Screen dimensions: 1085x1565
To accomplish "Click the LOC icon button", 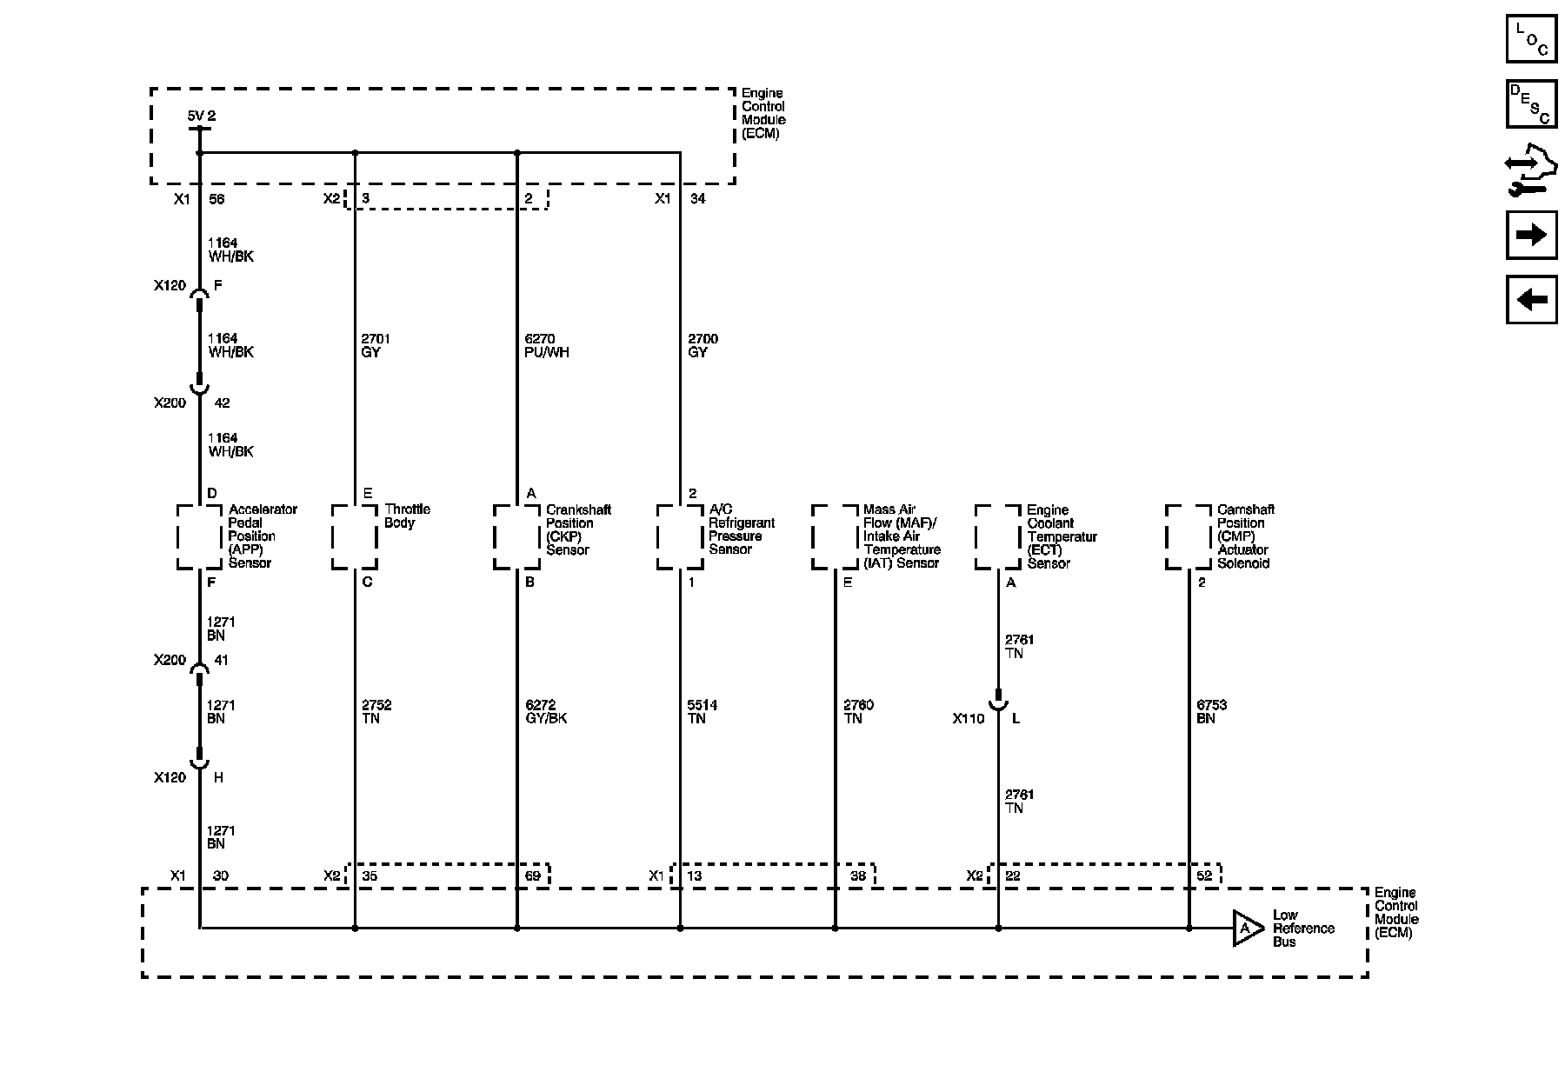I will click(x=1531, y=40).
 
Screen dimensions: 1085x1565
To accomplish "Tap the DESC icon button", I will click(x=1531, y=104).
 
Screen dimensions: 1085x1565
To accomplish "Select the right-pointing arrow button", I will click(x=1531, y=235).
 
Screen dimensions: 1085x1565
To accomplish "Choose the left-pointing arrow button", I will click(x=1531, y=300).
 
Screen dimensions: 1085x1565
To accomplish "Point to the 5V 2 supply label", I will click(x=202, y=116).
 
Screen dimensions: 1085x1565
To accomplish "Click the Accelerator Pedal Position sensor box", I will click(x=200, y=536).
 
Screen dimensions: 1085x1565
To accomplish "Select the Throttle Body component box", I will click(x=355, y=536).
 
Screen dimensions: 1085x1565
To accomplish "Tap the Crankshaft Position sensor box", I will click(x=517, y=536).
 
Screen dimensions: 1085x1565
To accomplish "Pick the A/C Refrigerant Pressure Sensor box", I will click(x=680, y=536).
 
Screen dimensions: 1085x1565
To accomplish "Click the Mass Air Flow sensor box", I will click(x=835, y=536).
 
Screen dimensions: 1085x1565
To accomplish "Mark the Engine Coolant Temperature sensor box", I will click(x=998, y=536).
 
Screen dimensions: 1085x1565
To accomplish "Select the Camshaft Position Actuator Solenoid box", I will click(x=1189, y=536).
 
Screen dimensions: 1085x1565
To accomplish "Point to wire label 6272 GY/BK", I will click(x=546, y=711).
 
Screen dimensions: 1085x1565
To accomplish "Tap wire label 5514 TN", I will click(x=703, y=711).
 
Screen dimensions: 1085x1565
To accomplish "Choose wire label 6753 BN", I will click(x=1212, y=711).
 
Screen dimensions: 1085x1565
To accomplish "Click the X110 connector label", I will click(x=969, y=719).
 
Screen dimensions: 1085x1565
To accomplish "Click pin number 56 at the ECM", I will click(x=216, y=198).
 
